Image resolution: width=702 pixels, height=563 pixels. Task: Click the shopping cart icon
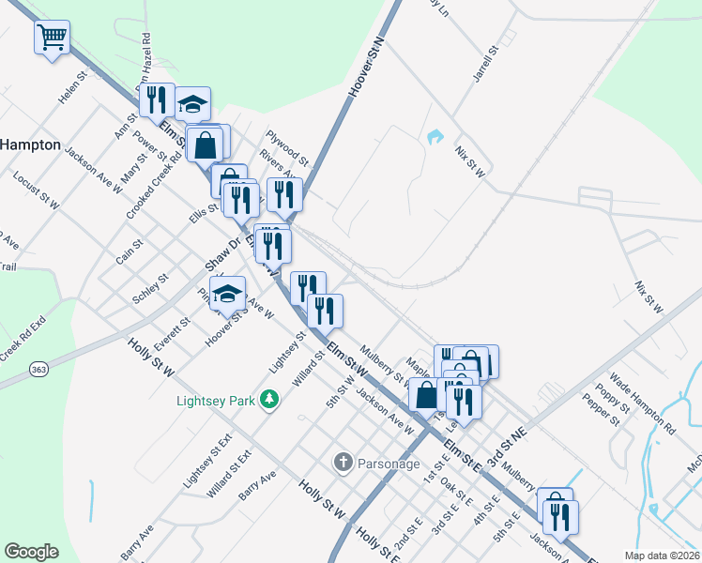52,38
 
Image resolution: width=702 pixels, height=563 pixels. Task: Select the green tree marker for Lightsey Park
270,400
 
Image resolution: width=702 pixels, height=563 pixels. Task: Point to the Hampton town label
30,145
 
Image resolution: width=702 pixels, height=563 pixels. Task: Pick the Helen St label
72,91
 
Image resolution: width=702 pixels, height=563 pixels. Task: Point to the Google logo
31,552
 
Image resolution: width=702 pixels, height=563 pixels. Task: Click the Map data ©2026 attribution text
662,555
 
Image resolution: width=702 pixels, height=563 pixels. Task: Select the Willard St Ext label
231,469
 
